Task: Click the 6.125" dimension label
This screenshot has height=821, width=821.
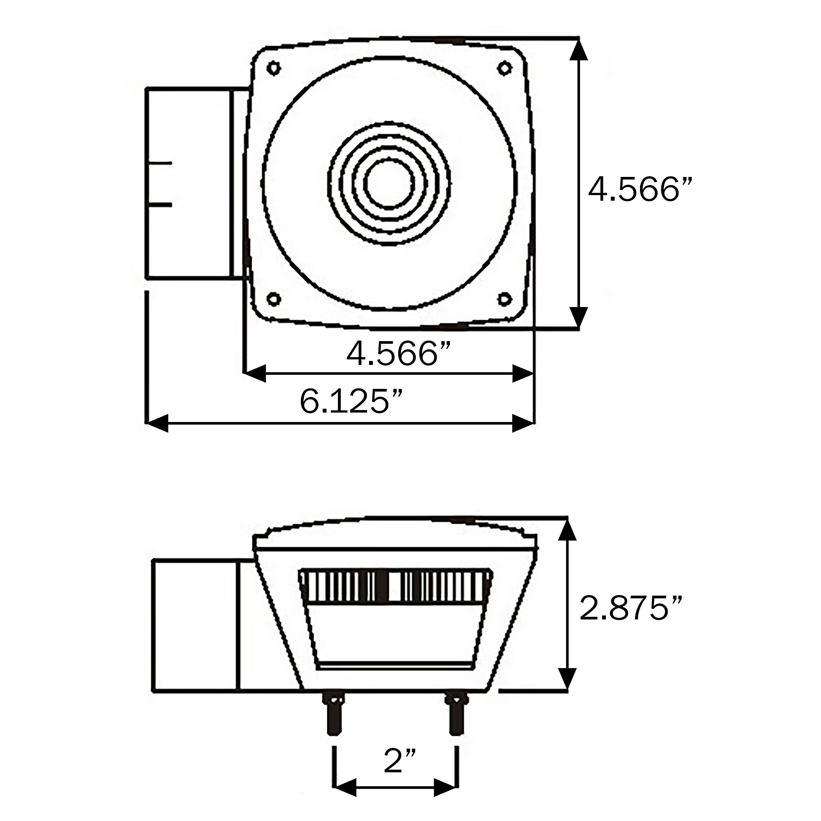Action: coord(351,401)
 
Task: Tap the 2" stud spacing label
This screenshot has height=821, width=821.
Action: coord(399,760)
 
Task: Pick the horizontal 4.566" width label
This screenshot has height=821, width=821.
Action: coord(398,353)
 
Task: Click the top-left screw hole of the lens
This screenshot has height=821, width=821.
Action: coord(274,68)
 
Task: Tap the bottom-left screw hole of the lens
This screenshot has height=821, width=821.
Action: coord(274,299)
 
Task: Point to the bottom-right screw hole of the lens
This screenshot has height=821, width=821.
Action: coord(505,299)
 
